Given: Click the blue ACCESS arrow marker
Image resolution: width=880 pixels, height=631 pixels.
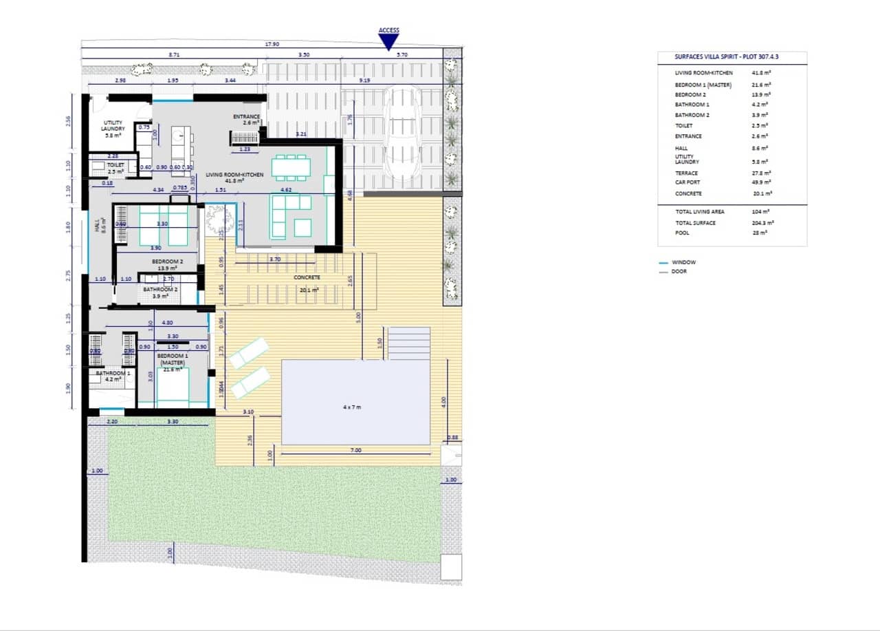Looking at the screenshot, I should coord(388,43).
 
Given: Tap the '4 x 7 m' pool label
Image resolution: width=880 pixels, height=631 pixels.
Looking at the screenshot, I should coord(352,407).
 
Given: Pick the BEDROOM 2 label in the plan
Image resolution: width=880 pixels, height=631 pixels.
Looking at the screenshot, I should coord(168,264).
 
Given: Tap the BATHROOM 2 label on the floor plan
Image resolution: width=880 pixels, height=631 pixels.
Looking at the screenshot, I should coord(161,292).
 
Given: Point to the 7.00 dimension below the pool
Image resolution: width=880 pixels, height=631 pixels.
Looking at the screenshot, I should coord(355,450).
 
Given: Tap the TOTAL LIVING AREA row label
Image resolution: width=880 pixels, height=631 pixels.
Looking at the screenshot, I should coord(699,212).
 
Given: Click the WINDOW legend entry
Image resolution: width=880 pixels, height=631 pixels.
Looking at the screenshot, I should coord(683,262).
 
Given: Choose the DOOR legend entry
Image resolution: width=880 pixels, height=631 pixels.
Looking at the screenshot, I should coord(679,271).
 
